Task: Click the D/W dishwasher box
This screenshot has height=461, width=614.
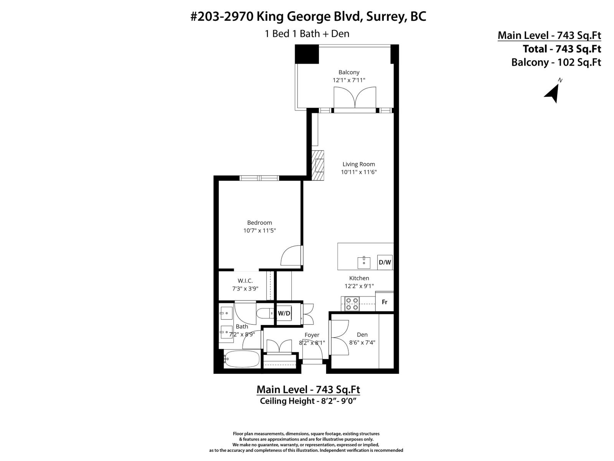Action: point(385,262)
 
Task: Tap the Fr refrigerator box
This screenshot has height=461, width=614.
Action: point(385,302)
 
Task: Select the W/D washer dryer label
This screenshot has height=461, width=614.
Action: point(284,313)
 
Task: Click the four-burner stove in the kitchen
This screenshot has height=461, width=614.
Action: point(352,303)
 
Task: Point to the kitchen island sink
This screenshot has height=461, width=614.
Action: point(364,263)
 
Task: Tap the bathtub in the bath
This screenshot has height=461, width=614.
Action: point(242,360)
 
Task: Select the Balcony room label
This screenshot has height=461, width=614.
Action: point(349,72)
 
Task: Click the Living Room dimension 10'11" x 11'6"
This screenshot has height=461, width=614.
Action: point(359,172)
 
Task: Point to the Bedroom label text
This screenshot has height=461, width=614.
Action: point(259,222)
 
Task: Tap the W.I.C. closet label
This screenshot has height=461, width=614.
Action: point(245,281)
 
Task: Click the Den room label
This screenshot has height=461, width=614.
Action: point(362,335)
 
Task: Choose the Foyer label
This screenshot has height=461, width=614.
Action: point(312,335)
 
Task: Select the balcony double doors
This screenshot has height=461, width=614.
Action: point(355,98)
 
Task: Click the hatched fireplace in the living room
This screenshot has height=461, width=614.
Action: point(318,165)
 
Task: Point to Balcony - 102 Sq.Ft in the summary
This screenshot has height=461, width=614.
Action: point(556,62)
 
